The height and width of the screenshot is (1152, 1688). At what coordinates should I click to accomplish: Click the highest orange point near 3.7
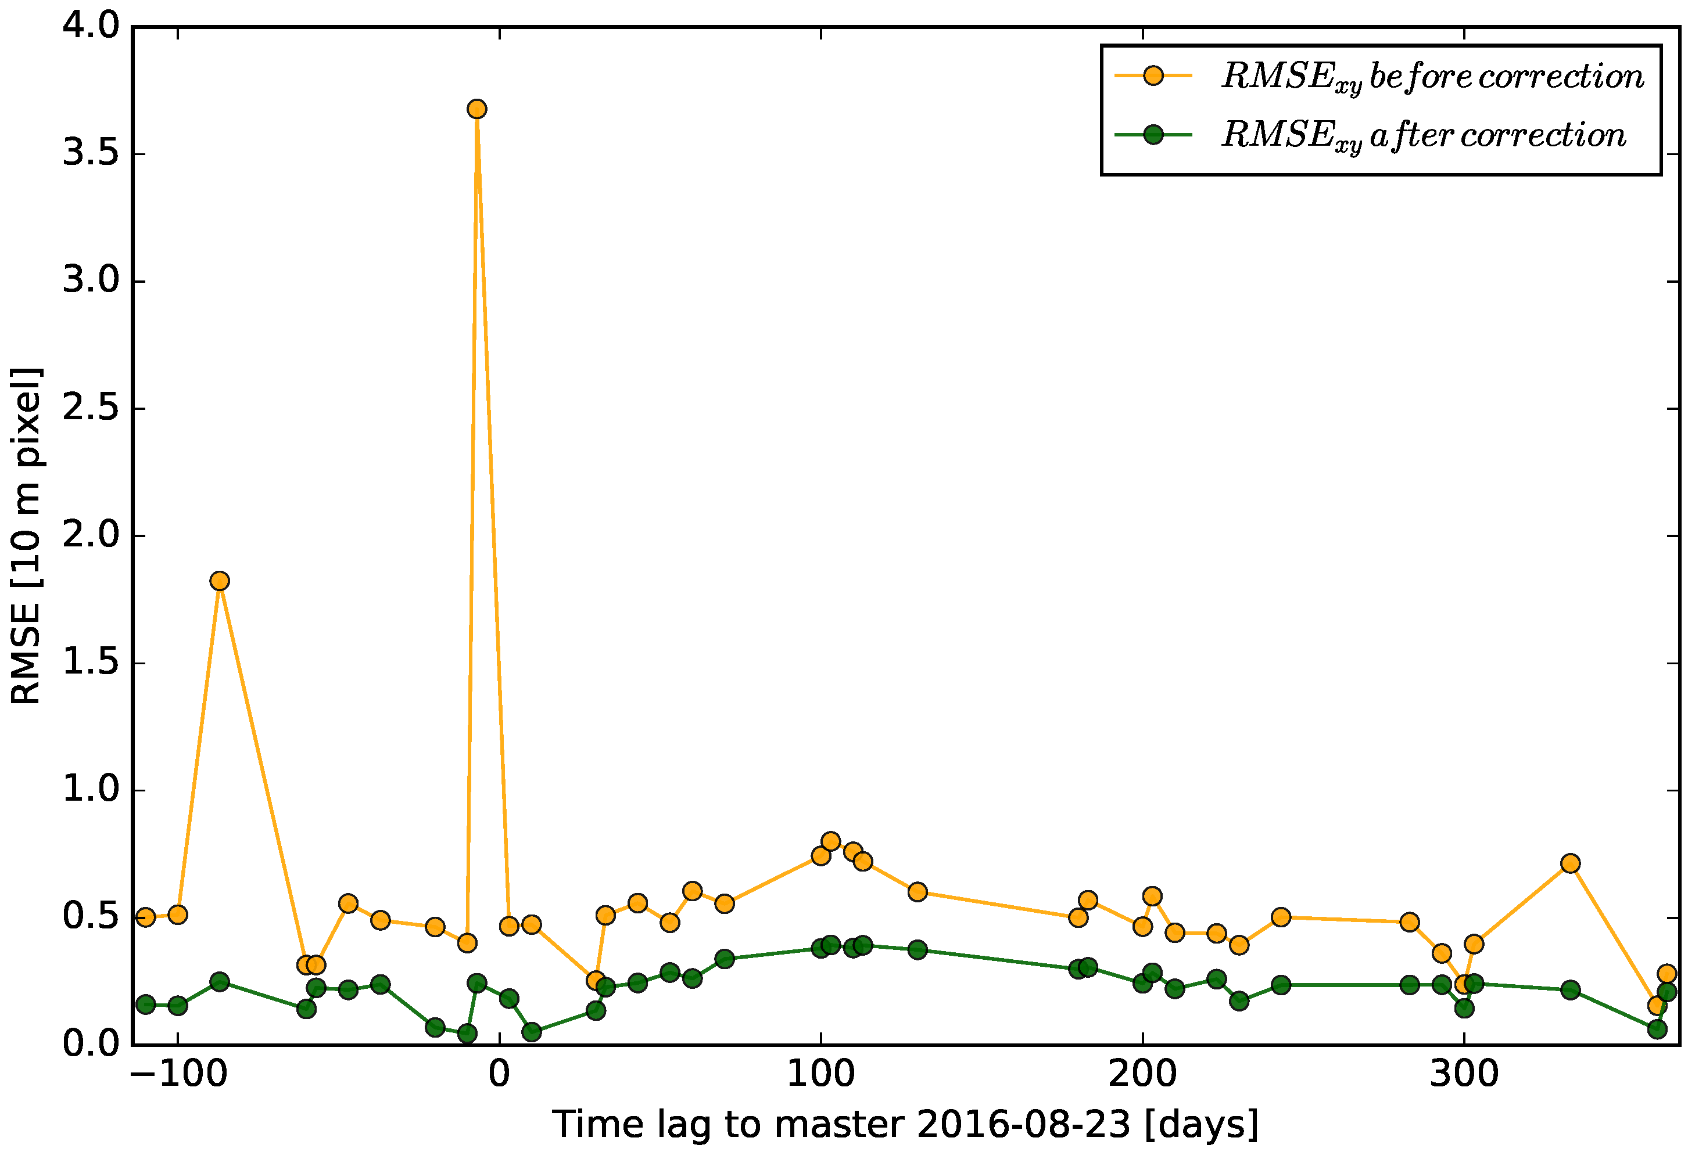click(x=476, y=110)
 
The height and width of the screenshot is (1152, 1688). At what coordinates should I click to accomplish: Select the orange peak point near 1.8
click(x=220, y=581)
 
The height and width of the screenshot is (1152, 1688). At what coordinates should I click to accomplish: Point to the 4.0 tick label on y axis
click(x=91, y=26)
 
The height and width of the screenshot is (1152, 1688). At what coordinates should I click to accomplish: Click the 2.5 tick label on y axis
click(x=91, y=409)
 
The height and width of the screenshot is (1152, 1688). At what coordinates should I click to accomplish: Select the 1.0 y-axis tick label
click(x=91, y=790)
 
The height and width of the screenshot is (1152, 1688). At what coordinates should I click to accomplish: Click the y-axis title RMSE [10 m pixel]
click(x=26, y=536)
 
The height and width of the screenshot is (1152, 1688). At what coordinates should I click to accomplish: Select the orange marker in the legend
click(x=1153, y=75)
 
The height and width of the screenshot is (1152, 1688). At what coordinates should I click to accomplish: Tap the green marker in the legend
click(x=1153, y=135)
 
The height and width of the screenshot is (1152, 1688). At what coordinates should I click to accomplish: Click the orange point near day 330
click(x=1570, y=863)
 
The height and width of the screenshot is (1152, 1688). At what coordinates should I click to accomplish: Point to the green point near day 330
click(x=1570, y=990)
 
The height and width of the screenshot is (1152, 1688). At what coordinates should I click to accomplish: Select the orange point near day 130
click(x=918, y=891)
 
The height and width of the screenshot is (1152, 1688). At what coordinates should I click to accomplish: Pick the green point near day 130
click(x=918, y=949)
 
